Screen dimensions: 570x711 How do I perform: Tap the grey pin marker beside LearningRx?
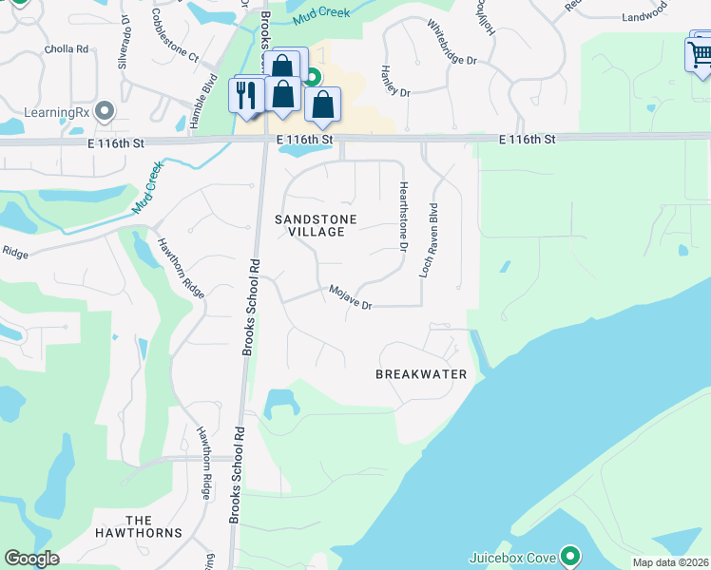[x=105, y=112]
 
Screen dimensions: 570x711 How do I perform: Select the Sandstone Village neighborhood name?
[x=316, y=225]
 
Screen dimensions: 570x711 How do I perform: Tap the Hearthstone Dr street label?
[x=403, y=217]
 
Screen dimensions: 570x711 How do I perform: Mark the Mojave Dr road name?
[x=349, y=297]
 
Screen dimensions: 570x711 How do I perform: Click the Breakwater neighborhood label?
[x=421, y=374]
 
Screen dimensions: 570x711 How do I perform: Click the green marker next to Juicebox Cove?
[x=570, y=555]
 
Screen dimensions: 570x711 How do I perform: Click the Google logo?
[x=31, y=559]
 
